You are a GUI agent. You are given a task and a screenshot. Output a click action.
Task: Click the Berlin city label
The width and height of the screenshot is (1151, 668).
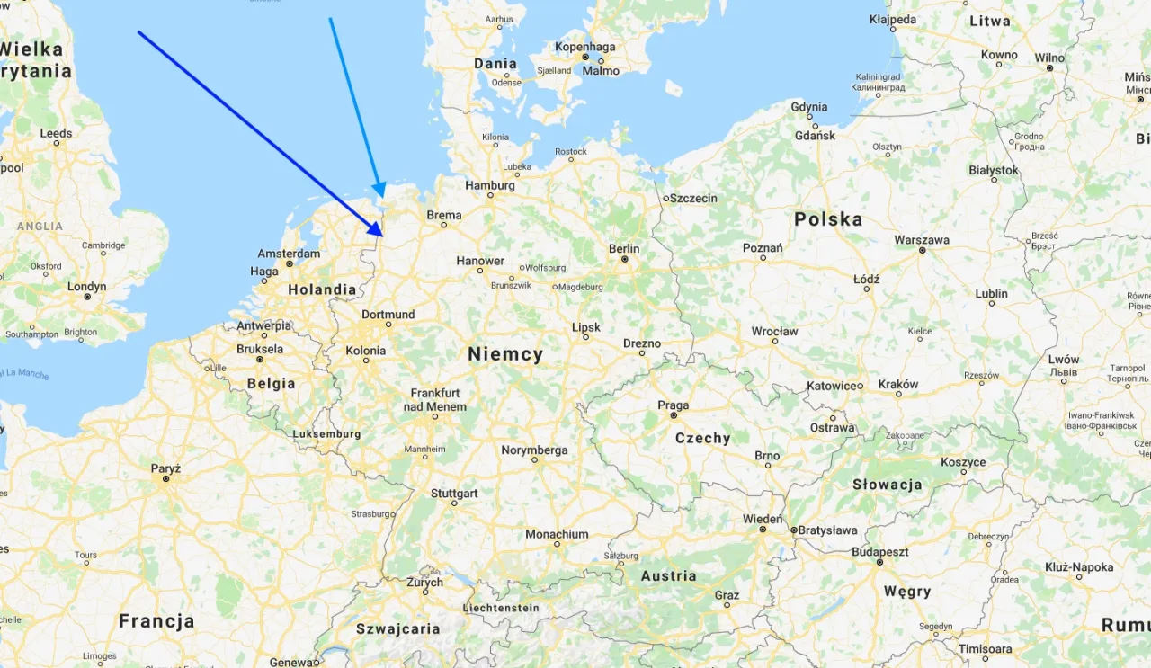click(x=624, y=249)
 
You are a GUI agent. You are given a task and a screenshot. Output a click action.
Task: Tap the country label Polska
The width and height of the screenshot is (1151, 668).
click(x=828, y=219)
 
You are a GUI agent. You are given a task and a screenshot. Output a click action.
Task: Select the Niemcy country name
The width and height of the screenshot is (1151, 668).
click(x=505, y=354)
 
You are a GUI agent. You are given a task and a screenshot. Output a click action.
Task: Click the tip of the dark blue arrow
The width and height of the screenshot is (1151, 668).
click(x=384, y=236)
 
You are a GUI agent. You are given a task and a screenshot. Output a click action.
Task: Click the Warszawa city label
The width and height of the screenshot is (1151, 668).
click(x=922, y=240)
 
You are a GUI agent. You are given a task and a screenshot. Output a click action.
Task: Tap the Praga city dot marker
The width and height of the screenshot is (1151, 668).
click(x=674, y=417)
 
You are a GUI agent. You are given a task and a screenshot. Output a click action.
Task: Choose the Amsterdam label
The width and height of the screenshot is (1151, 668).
click(x=289, y=254)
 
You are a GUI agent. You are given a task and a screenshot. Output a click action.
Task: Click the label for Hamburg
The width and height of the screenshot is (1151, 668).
click(x=490, y=186)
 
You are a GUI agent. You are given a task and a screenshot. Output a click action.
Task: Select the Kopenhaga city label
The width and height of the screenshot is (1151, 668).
click(x=585, y=47)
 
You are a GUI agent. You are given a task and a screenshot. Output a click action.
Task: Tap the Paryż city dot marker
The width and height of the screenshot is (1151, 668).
click(x=166, y=479)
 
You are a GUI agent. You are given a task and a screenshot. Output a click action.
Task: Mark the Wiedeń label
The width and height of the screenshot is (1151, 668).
click(x=763, y=519)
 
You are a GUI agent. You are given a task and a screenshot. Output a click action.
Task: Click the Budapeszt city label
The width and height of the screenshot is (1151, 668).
click(x=880, y=551)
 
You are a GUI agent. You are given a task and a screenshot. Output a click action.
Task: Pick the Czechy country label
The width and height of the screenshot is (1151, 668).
click(x=702, y=438)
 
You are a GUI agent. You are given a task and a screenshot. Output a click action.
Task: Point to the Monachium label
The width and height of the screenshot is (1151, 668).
click(x=557, y=534)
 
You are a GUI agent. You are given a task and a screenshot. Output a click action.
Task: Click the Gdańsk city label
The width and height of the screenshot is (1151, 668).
click(x=815, y=136)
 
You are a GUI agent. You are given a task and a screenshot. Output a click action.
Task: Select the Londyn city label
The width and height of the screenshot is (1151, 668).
click(x=86, y=287)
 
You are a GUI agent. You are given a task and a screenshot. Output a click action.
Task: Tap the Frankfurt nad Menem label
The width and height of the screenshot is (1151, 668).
click(x=435, y=400)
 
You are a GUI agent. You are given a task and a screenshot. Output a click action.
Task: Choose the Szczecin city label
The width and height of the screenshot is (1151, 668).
click(x=694, y=198)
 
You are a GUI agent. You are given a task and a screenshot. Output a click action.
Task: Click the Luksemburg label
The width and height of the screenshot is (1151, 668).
click(x=326, y=434)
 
